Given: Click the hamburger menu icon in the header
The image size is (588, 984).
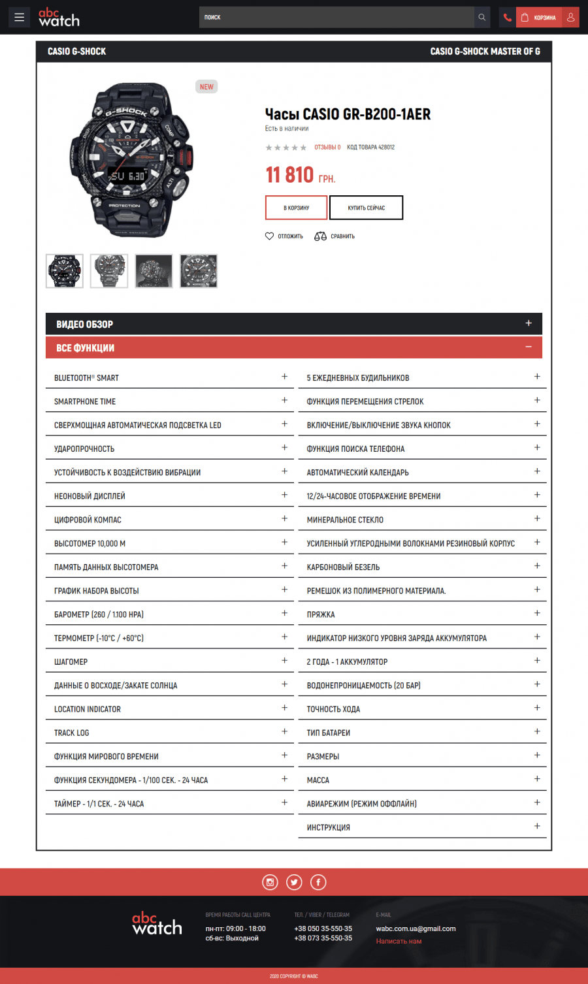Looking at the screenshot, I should coord(20,18).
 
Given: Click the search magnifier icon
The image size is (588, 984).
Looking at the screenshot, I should coord(482,18).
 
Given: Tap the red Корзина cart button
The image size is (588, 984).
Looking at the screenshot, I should coord(539,18).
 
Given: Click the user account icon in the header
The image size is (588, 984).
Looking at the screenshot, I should coord(570,18).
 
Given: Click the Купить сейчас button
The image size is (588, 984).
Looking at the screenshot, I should coord(366,208).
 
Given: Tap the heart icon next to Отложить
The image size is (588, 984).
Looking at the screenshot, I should coord(269,236).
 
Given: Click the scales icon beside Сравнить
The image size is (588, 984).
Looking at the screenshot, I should coord(320,236).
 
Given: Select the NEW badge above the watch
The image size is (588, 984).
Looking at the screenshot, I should coord(206,87).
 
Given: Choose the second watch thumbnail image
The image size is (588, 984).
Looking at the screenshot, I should coord(109,271).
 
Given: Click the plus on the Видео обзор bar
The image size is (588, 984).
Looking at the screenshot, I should coord(529,323).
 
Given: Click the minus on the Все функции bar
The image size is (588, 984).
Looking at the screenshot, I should coord(529,347).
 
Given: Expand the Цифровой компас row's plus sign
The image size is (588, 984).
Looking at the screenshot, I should coord(284,518).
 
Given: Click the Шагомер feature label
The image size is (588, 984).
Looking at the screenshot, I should coord(71,662).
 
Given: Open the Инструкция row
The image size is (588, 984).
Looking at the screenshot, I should coord(329,827).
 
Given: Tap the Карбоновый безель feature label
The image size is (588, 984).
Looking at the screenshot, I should coord(343,567).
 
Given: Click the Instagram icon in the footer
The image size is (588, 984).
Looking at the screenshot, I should coord(270,882).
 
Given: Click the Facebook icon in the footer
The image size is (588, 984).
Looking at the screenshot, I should coord(318,882).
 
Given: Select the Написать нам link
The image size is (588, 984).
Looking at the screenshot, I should coord(399,941).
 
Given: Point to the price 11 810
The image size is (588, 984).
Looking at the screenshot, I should coord(289,175).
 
